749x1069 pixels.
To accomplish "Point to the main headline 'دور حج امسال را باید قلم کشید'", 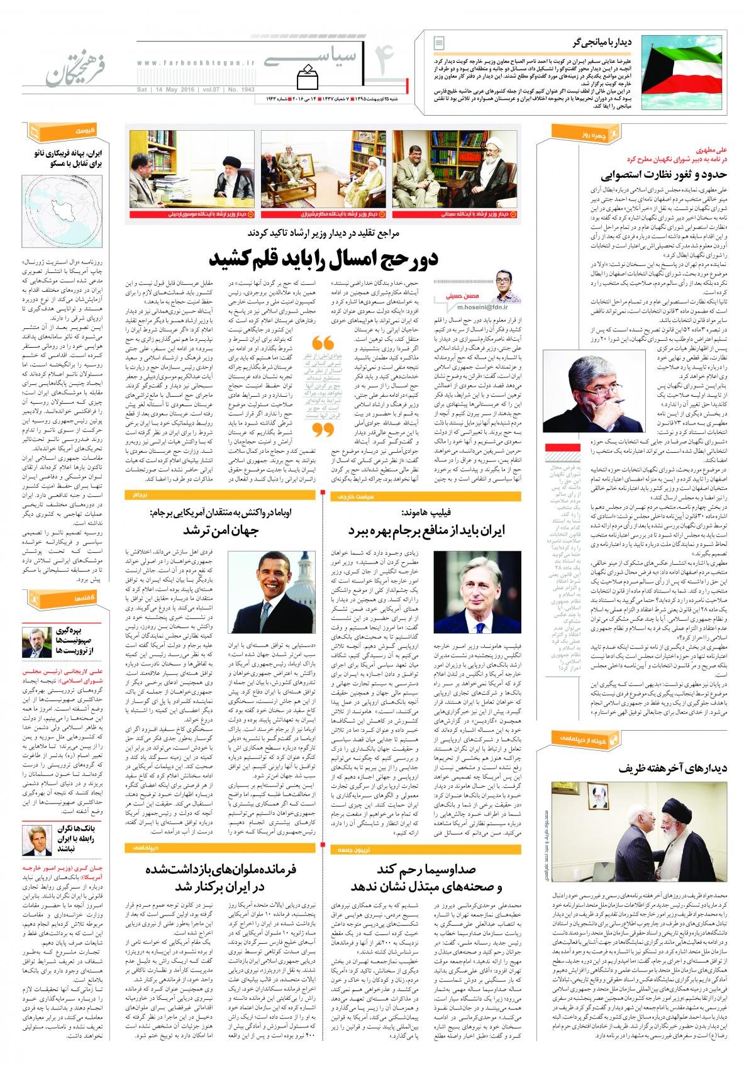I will pos(324,258).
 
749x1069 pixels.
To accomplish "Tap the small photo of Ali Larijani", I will pos(36,641).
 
